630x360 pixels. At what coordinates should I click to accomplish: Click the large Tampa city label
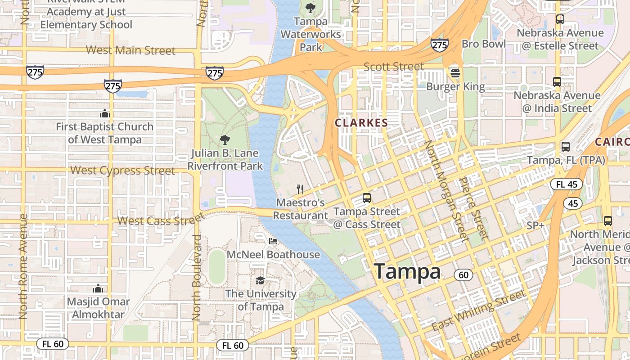407,271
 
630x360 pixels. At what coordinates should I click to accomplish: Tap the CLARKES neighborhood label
361,123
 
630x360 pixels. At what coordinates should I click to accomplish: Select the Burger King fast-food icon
455,72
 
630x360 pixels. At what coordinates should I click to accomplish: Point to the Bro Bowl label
484,44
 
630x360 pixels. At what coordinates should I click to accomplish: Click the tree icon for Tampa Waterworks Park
310,8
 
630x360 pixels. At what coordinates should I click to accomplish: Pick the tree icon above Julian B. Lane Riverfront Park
225,139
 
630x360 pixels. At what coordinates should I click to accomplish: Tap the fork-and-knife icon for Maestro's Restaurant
301,189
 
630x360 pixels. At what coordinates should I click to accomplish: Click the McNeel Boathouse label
273,255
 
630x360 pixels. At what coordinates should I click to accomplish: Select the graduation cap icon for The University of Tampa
261,281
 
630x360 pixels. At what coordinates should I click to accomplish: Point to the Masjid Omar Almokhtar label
98,308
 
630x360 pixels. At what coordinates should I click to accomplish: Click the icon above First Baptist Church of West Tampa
105,113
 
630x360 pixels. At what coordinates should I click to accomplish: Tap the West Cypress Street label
123,171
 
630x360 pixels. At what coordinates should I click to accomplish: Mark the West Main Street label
130,50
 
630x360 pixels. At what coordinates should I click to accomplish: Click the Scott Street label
393,67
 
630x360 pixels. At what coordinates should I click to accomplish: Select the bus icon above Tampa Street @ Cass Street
367,198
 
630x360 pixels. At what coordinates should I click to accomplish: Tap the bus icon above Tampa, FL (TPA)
566,147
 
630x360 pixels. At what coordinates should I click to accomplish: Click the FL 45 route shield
566,184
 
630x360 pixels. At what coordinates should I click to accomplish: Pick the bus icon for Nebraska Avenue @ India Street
557,82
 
